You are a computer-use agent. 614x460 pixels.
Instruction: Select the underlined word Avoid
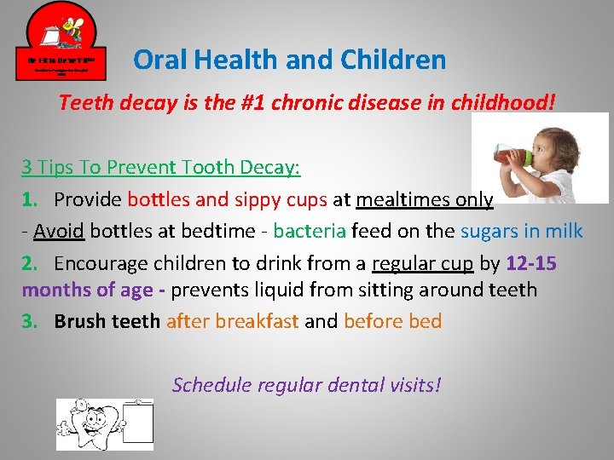pyautogui.click(x=60, y=231)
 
